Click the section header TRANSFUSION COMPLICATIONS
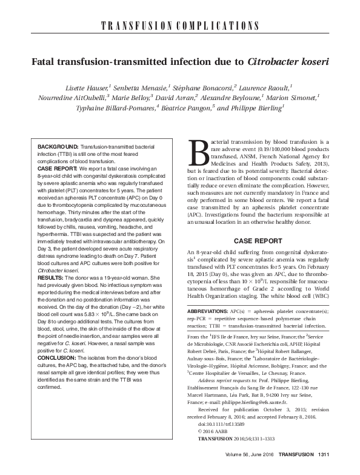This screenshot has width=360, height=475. pyautogui.click(x=179, y=25)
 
